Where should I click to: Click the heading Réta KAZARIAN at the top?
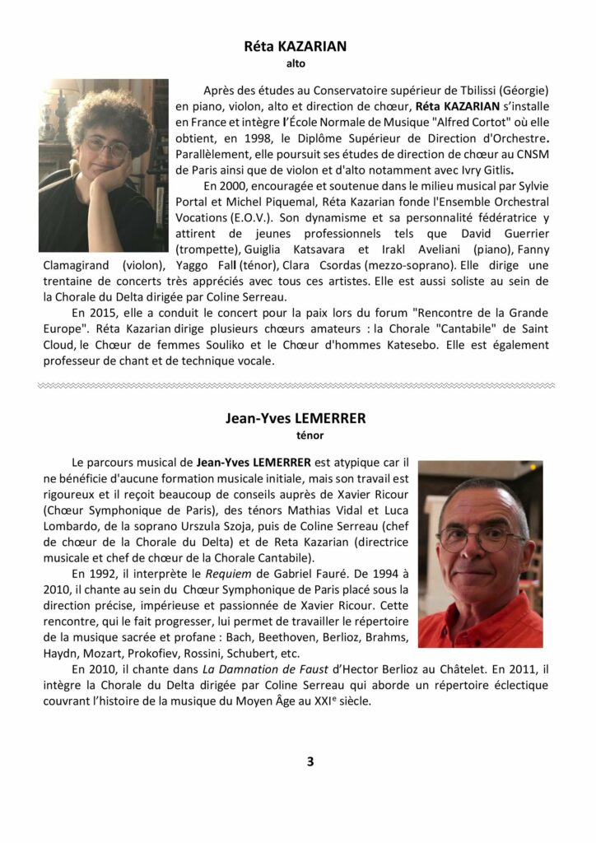(296, 47)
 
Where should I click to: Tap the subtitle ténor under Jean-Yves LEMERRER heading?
(297, 434)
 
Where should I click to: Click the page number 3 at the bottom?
(310, 761)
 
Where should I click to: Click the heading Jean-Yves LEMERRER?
(296, 418)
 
